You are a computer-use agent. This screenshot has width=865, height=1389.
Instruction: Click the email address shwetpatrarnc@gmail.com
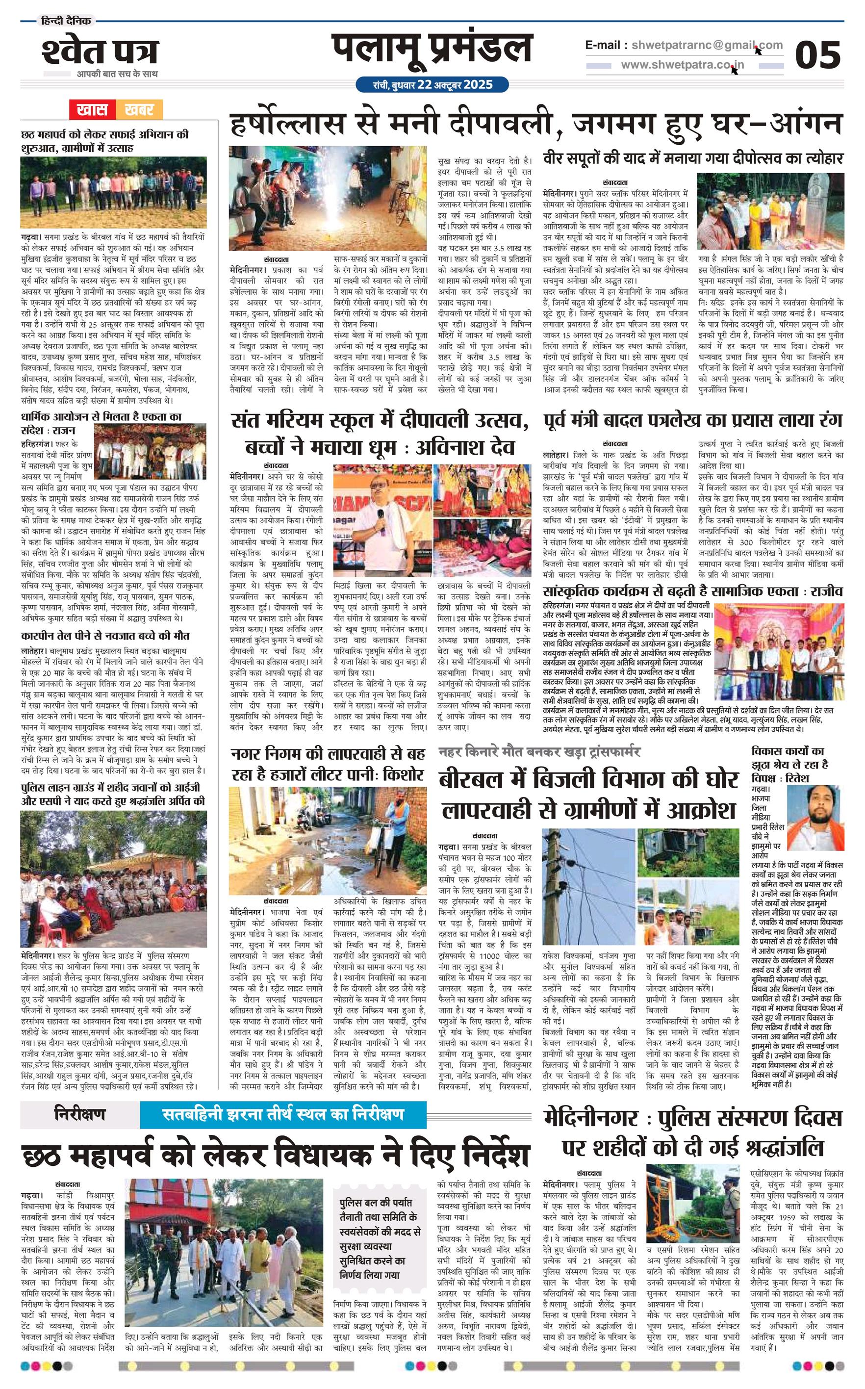click(x=707, y=45)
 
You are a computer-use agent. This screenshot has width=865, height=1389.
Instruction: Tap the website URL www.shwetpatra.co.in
click(x=683, y=65)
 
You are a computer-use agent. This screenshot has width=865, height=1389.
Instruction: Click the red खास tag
click(x=93, y=109)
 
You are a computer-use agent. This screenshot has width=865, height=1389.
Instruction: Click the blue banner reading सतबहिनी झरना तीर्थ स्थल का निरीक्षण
click(x=283, y=1113)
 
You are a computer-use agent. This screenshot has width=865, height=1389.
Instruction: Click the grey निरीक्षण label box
click(x=80, y=1113)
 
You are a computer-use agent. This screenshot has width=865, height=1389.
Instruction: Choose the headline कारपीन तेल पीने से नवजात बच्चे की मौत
click(x=105, y=636)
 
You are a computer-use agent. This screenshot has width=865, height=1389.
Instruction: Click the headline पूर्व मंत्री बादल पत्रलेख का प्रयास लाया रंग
click(x=692, y=421)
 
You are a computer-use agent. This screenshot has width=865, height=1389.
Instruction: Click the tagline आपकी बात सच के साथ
click(x=117, y=74)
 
